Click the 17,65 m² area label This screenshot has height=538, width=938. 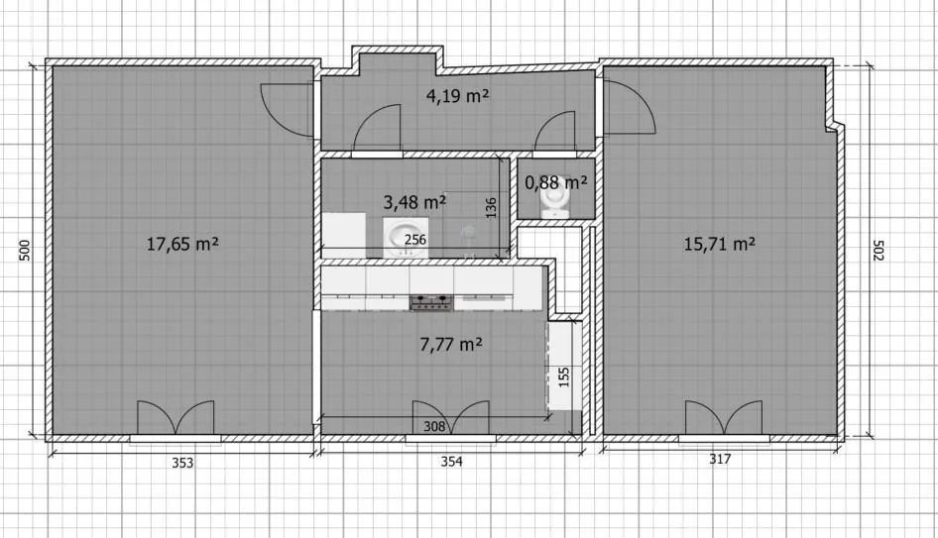pos(182,244)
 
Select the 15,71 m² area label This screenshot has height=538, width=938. pos(720,244)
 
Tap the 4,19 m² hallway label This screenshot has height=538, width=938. pos(458,96)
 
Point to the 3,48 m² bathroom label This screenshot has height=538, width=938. pos(414,202)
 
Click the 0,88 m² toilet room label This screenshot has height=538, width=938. pos(555,181)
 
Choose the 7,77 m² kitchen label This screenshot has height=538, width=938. pos(451,345)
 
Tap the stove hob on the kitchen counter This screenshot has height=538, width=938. pos(430,302)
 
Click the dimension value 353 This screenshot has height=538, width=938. pos(182,463)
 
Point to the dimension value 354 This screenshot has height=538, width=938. pos(452,462)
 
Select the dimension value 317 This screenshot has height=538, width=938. pos(720,459)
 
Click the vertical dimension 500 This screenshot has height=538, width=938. pos(25,250)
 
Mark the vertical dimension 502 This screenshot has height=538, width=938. pos(878,251)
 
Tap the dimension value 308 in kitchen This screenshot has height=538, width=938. pos(434,426)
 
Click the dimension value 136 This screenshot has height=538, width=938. pos(491,208)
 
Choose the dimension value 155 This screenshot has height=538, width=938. pos(563,377)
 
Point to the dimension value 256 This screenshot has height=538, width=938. pos(415,240)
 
